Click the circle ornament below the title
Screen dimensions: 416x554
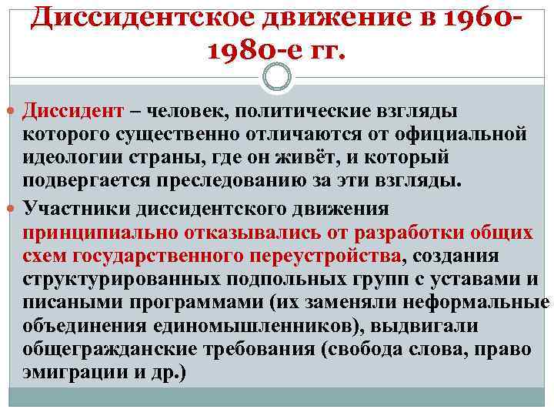coord(277,77)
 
